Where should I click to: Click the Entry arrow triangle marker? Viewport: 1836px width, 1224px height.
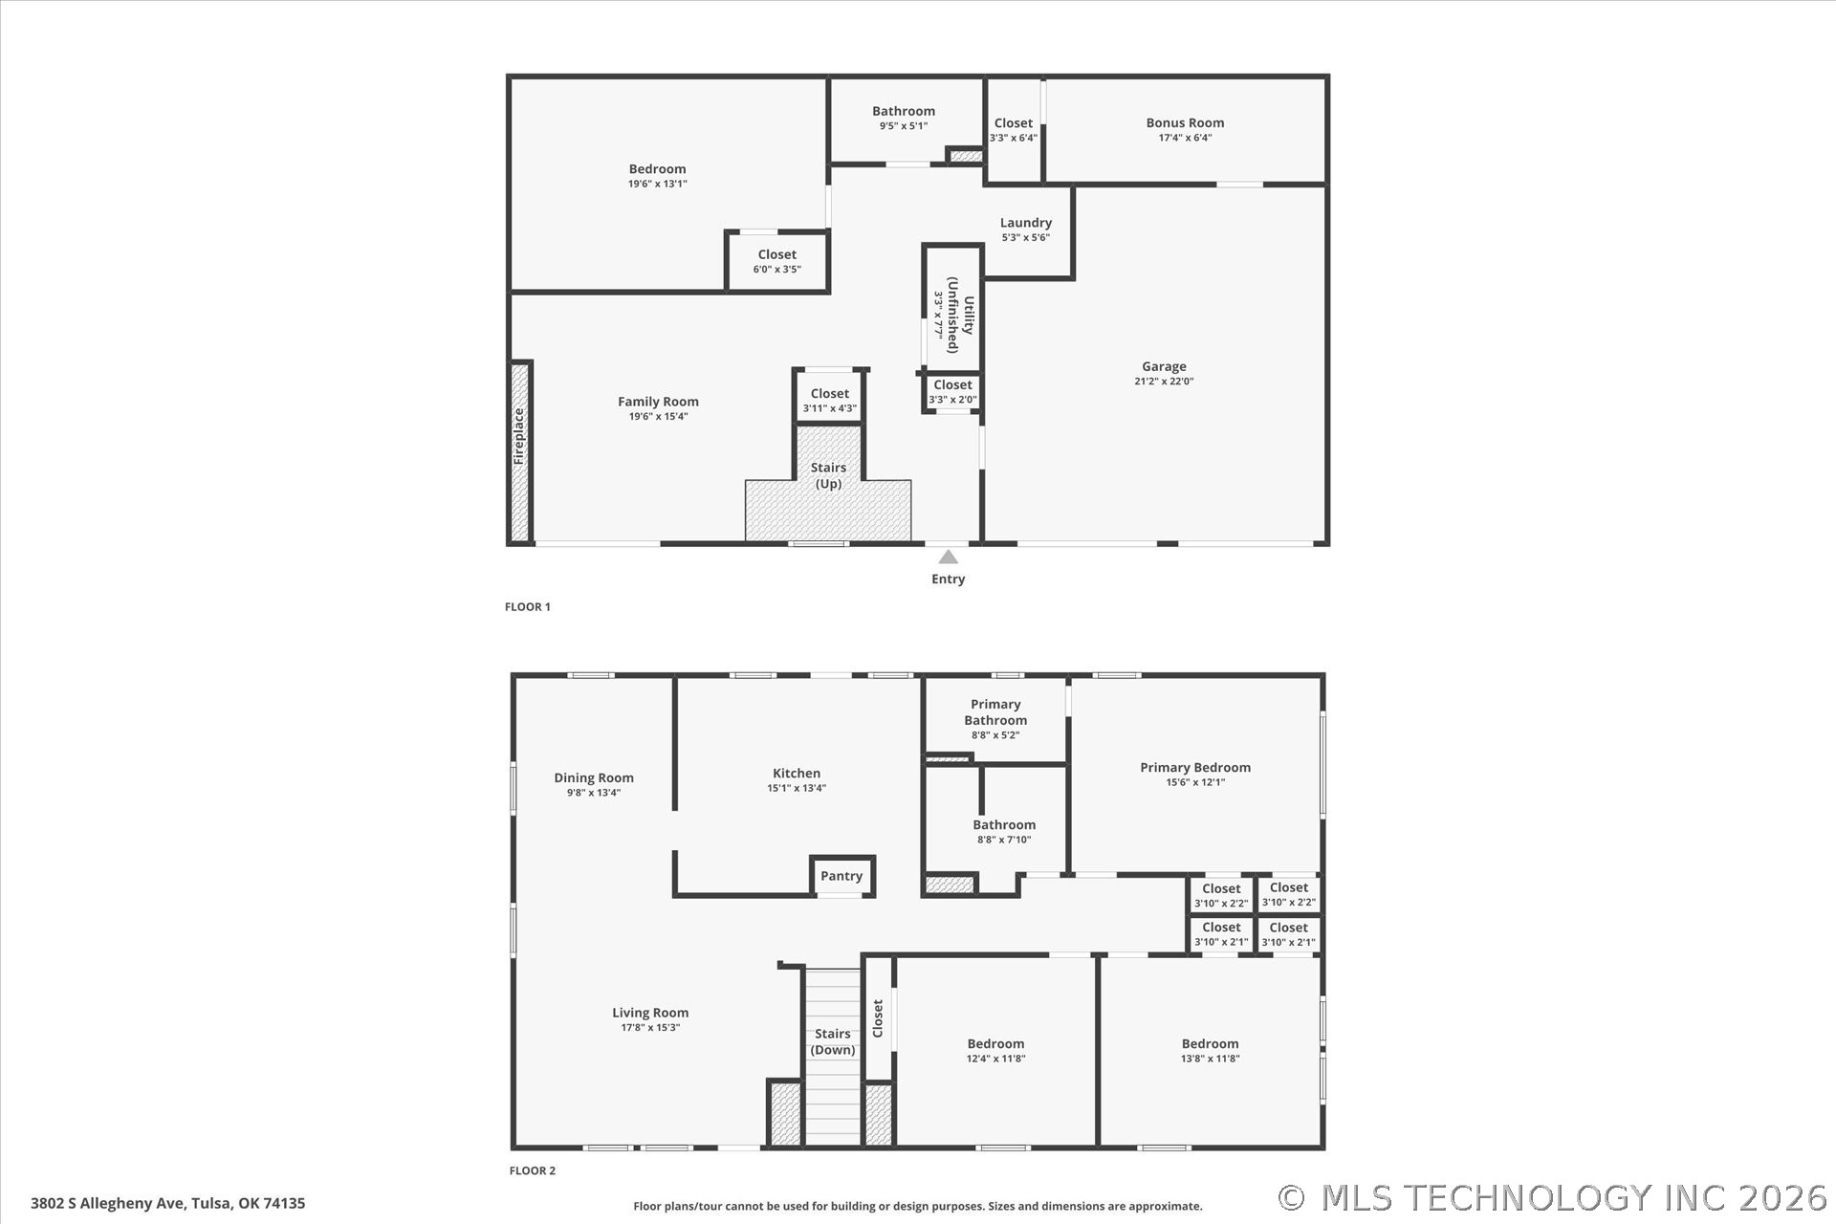coord(948,557)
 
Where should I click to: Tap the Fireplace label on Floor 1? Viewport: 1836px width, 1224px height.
coord(519,436)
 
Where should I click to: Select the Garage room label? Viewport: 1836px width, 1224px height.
coord(1164,366)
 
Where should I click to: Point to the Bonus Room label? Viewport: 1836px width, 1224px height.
coord(1185,122)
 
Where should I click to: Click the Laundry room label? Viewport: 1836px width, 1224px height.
coord(1026,223)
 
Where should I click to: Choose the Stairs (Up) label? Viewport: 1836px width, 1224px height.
coord(828,475)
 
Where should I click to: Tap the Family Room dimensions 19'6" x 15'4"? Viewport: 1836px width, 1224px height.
coord(658,416)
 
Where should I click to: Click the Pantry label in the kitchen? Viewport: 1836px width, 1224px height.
coord(841,876)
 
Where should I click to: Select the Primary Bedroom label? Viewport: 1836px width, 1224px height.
coord(1195,767)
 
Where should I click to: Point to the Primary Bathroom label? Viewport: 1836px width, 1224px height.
coord(995,712)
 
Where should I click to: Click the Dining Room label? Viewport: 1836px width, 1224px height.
coord(594,777)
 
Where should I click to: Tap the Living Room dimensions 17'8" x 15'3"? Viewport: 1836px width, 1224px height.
coord(650,1028)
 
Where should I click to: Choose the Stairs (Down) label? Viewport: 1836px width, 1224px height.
coord(833,1041)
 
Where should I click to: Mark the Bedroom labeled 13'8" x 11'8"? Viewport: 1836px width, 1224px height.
coord(1210,1043)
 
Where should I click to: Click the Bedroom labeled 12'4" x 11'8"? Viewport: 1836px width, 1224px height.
coord(995,1043)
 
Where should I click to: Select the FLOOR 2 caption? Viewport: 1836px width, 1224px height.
coord(533,1170)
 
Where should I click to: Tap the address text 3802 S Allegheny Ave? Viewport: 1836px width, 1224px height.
coord(107,1203)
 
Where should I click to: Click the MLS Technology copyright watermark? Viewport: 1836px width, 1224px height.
coord(1553,1198)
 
